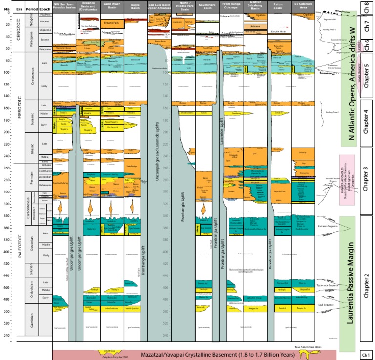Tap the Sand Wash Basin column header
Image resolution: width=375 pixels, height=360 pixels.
click(x=112, y=7)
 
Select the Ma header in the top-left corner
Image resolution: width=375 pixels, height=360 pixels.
click(x=6, y=7)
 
